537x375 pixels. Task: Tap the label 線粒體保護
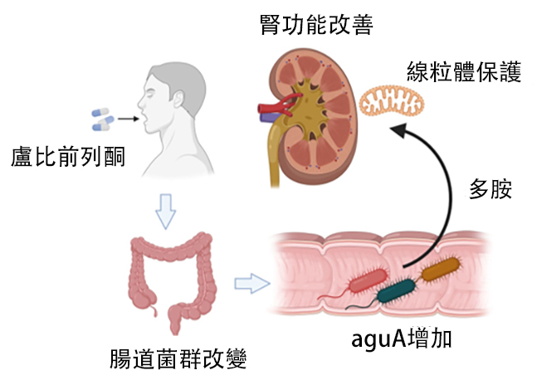point(463,72)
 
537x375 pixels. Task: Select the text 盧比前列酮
point(68,155)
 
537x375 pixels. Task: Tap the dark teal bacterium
point(398,288)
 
